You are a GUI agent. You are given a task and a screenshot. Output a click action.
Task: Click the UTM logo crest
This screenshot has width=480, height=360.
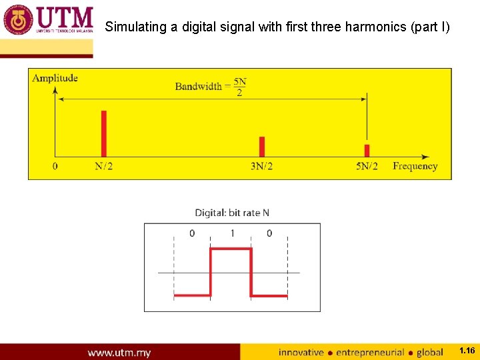(18, 20)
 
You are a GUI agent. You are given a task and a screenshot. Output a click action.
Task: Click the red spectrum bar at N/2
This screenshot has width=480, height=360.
(103, 133)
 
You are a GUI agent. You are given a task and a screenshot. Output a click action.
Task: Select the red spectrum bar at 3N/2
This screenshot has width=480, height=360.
(262, 147)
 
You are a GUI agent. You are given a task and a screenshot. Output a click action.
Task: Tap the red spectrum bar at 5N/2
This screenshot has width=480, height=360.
(367, 151)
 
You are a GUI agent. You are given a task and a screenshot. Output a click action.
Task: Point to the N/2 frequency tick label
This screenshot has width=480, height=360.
(103, 166)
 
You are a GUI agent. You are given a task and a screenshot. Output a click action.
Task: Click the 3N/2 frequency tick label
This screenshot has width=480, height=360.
(261, 166)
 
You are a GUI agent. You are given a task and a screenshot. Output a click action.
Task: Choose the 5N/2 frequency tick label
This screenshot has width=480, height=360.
(367, 166)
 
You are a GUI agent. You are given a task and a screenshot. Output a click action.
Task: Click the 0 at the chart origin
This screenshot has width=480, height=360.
(55, 166)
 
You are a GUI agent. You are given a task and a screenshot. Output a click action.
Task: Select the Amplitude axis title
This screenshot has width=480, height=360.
(55, 78)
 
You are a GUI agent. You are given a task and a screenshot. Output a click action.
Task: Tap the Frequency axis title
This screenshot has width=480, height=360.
(415, 166)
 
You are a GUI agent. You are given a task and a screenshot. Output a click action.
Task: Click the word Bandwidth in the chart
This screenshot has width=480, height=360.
(198, 86)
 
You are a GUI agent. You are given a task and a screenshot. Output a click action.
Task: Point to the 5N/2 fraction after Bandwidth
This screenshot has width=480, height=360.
(240, 87)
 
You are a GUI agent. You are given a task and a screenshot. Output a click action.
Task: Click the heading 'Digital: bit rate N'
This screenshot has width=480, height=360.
(232, 213)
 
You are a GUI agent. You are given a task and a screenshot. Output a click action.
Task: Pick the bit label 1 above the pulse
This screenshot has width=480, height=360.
(232, 233)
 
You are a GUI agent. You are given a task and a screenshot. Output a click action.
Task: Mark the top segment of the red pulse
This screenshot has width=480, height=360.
(231, 249)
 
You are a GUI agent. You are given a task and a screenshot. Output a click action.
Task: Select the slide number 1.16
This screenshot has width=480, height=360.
(467, 351)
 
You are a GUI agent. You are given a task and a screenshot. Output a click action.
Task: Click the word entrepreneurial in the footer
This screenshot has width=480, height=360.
(370, 352)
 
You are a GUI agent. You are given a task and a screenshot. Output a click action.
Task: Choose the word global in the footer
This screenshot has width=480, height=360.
(429, 352)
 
